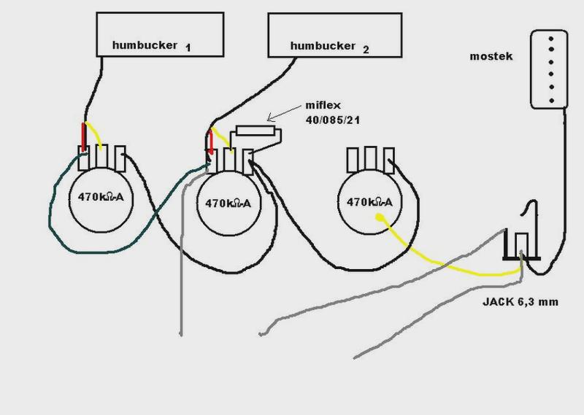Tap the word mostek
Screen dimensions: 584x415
491,57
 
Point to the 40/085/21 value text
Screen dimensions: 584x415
333,120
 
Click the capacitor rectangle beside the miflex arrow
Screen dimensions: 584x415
255,131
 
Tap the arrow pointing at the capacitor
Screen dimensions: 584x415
284,113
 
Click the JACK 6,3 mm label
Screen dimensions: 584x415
520,301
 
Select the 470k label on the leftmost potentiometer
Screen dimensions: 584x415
101,196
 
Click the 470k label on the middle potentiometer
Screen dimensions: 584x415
228,203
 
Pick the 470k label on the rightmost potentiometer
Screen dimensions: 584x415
369,202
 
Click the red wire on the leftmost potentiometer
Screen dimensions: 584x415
84,137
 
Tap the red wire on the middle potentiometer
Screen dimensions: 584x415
211,141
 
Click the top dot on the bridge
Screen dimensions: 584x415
551,39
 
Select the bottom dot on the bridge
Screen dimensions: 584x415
551,101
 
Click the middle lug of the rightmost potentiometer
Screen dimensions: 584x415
370,159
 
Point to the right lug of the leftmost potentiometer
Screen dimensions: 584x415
120,158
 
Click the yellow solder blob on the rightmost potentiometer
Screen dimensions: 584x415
379,217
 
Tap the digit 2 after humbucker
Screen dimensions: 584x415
366,50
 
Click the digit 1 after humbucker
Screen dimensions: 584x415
188,47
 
